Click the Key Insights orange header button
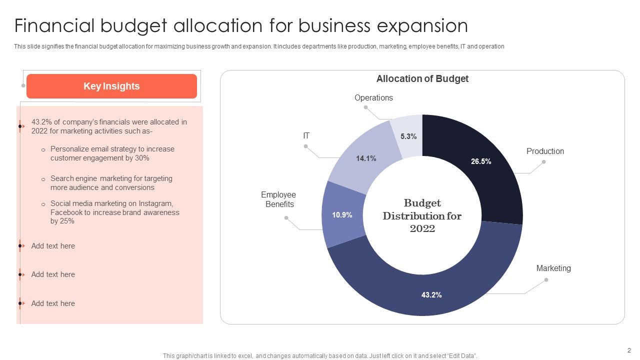point(111,86)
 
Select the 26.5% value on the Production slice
point(481,161)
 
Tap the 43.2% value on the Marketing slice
point(431,295)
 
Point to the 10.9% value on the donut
point(342,215)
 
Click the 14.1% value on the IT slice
point(366,158)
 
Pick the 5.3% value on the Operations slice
point(408,136)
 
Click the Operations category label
point(373,98)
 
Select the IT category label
point(306,136)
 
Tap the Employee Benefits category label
point(279,199)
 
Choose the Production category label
point(545,151)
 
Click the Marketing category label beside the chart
point(553,268)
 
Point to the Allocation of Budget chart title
point(422,79)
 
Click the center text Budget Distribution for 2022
point(422,216)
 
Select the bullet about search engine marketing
point(111,183)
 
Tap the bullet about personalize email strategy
point(112,153)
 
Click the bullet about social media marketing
point(114,212)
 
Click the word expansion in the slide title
point(422,25)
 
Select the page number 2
point(629,350)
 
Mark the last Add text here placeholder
point(53,303)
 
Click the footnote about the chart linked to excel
point(320,356)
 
